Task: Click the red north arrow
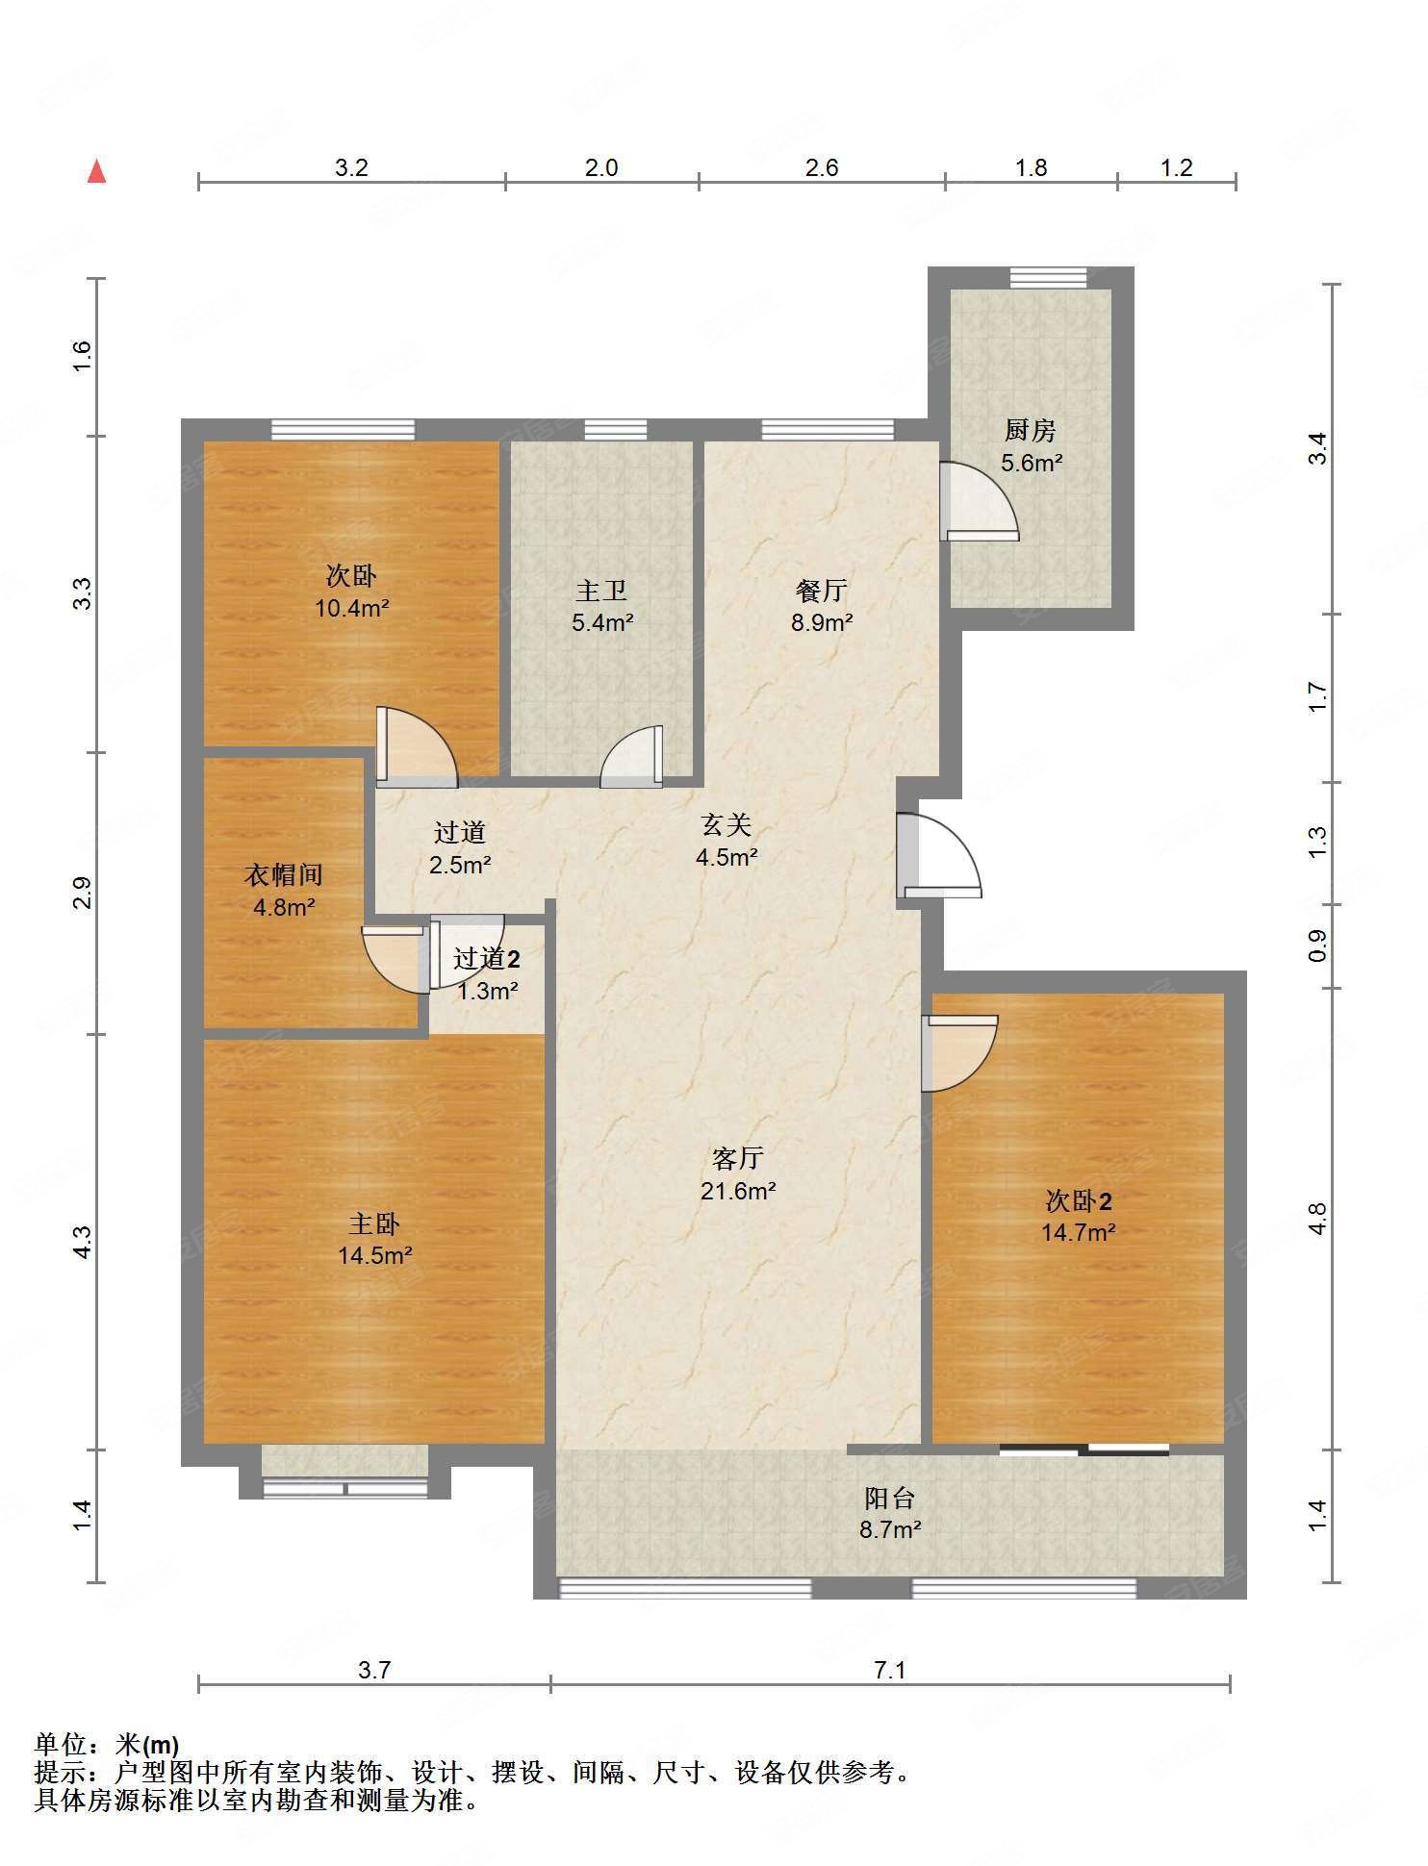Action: [x=96, y=171]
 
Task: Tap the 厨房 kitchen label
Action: [x=1031, y=430]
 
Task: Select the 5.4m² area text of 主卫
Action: [x=602, y=622]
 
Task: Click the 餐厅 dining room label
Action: [x=821, y=590]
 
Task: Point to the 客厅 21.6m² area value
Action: [x=738, y=1191]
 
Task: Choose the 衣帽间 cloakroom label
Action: [x=283, y=874]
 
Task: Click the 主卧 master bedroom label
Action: [x=374, y=1223]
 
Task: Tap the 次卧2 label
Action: [x=1079, y=1200]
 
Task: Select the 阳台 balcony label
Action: [x=889, y=1498]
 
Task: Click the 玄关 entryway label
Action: [x=726, y=824]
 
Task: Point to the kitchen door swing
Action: [x=979, y=501]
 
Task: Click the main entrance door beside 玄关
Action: [x=939, y=856]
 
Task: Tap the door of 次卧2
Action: [x=959, y=1054]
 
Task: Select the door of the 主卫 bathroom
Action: [x=631, y=757]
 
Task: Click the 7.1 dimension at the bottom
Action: [x=890, y=1670]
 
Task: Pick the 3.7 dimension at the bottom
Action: [x=374, y=1670]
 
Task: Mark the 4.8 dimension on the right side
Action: [x=1317, y=1219]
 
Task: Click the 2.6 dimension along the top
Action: [x=822, y=167]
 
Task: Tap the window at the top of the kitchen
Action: [x=1048, y=278]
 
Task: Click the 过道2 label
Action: [x=487, y=958]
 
